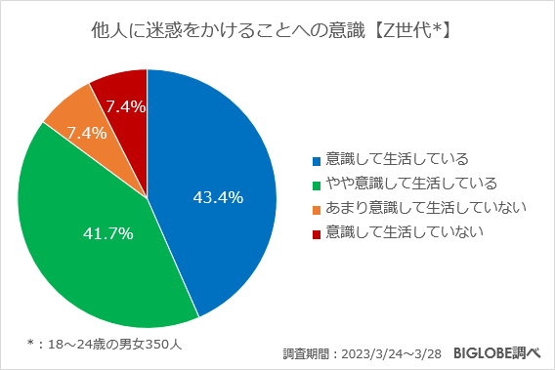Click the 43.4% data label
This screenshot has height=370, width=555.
click(x=218, y=198)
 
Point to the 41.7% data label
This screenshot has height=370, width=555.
click(x=108, y=234)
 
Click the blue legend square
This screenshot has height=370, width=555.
click(x=315, y=159)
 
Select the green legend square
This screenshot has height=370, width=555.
click(x=315, y=184)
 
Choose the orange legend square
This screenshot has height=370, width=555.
click(x=315, y=208)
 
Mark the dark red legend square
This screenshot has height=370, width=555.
click(x=315, y=232)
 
